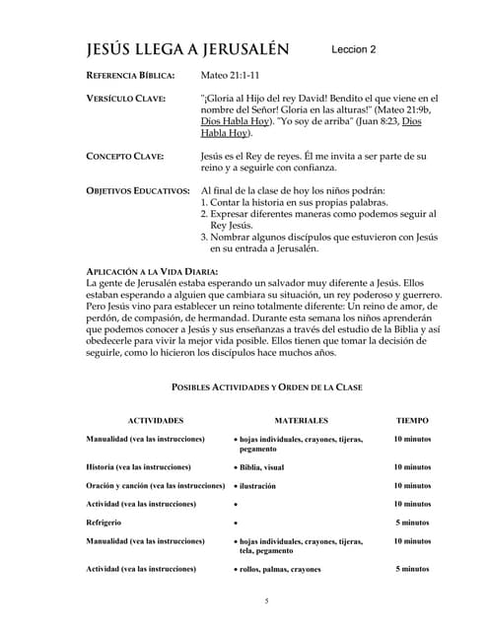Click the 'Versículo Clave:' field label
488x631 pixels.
(x=126, y=99)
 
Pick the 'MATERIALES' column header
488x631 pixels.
(x=302, y=420)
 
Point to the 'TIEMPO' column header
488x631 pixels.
(x=412, y=420)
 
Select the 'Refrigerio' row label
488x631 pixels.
(x=105, y=523)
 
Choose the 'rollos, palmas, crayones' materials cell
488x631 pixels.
(x=280, y=570)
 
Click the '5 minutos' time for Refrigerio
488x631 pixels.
(x=412, y=523)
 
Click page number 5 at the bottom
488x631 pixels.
(x=266, y=601)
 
